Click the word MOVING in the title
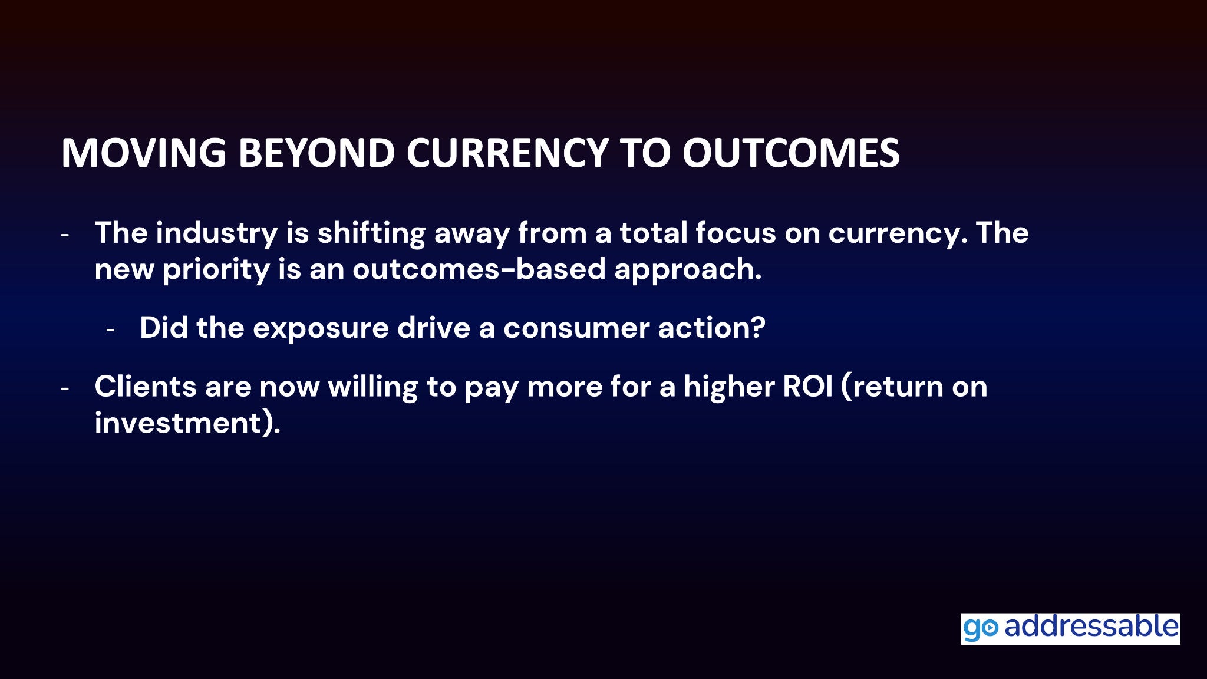[x=144, y=153]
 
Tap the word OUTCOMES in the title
[x=791, y=153]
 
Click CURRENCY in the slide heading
[x=507, y=153]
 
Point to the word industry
[x=217, y=233]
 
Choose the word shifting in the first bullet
[x=371, y=234]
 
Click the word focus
[x=735, y=233]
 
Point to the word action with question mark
[x=711, y=328]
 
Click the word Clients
[x=146, y=387]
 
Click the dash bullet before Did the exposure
[x=110, y=329]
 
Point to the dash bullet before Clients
[x=65, y=388]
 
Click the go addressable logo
[x=1070, y=628]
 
